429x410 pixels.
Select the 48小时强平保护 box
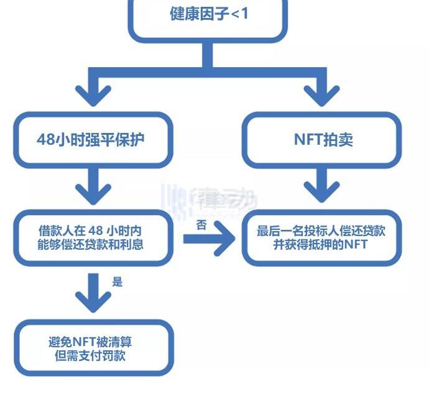pos(93,140)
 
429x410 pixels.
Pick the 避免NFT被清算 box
pos(93,348)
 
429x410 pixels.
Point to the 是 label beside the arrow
pos(118,282)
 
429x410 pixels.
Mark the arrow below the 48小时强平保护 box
pos(94,186)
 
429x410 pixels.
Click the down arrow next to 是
pos(94,293)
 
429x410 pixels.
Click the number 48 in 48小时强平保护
pos(46,140)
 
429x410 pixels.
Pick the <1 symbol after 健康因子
pos(239,13)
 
